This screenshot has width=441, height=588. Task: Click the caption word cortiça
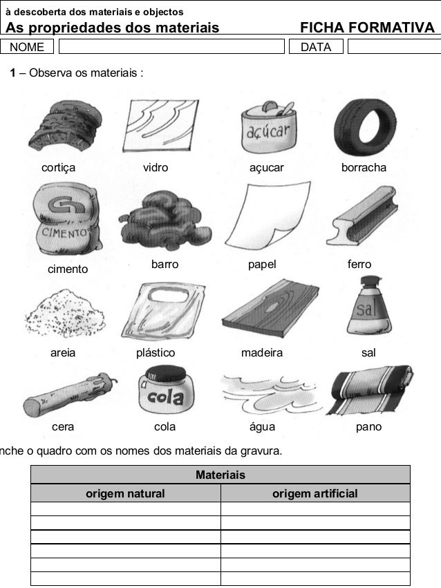(x=59, y=168)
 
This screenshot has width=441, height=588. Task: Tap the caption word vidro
(x=155, y=168)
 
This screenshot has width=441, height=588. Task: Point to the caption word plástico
(x=156, y=353)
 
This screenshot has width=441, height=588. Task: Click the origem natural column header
(x=125, y=493)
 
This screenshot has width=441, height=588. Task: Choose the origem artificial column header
(x=315, y=493)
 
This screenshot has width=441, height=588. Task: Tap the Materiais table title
(x=220, y=475)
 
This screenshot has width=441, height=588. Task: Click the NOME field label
(x=27, y=47)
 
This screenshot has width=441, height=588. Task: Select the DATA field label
(x=315, y=47)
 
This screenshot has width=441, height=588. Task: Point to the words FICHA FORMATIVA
(x=367, y=28)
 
